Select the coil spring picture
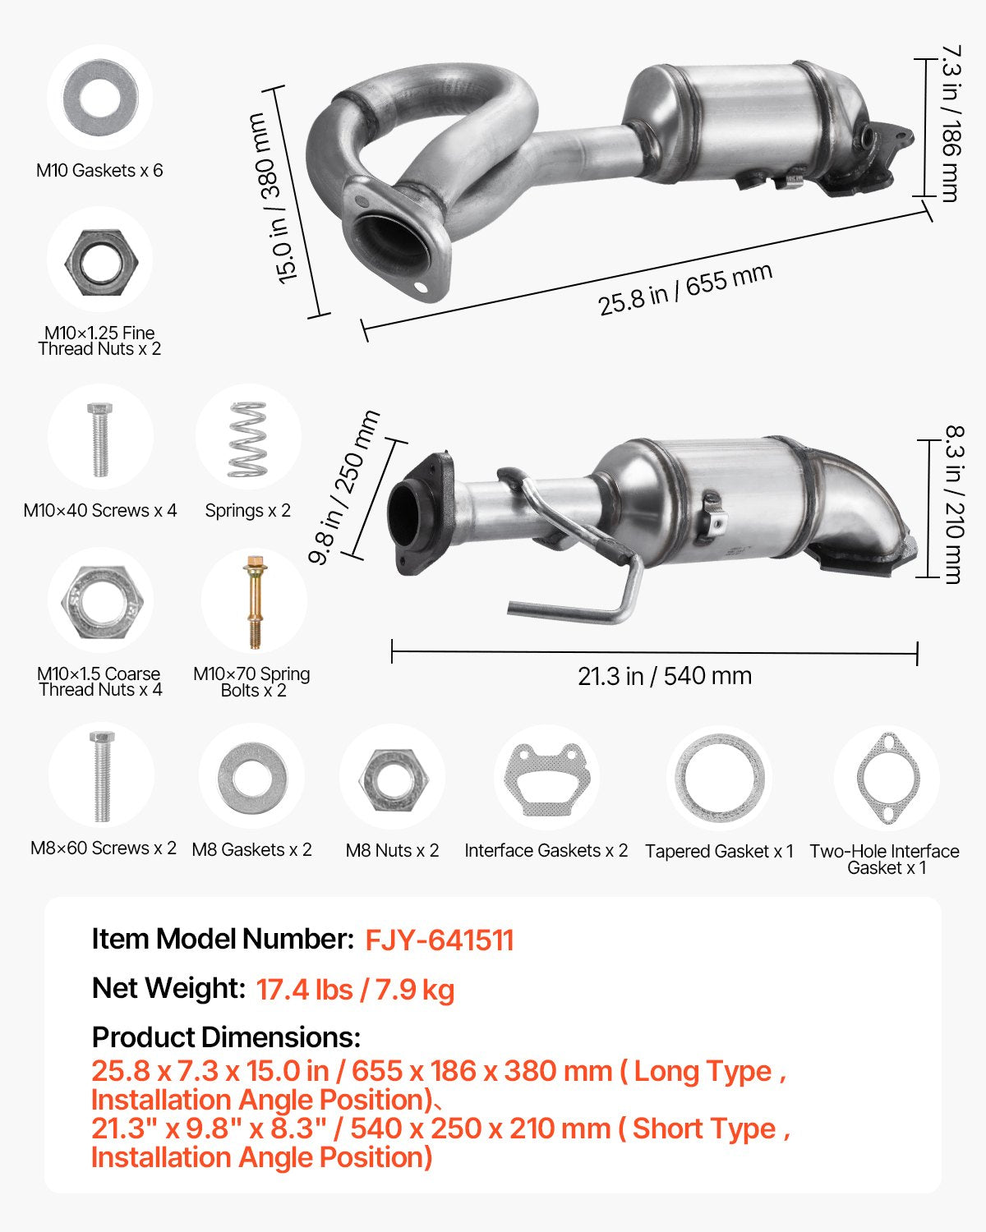pos(247,439)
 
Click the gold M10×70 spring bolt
pos(254,602)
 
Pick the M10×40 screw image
pos(99,439)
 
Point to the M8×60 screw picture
pos(101,776)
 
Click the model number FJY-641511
pos(440,940)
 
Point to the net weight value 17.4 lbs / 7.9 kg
pos(355,990)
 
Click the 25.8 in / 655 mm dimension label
pos(684,289)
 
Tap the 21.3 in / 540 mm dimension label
pos(664,676)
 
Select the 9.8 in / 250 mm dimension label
pos(343,487)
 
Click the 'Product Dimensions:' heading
pos(226,1037)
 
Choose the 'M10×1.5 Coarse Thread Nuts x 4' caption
pos(99,682)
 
